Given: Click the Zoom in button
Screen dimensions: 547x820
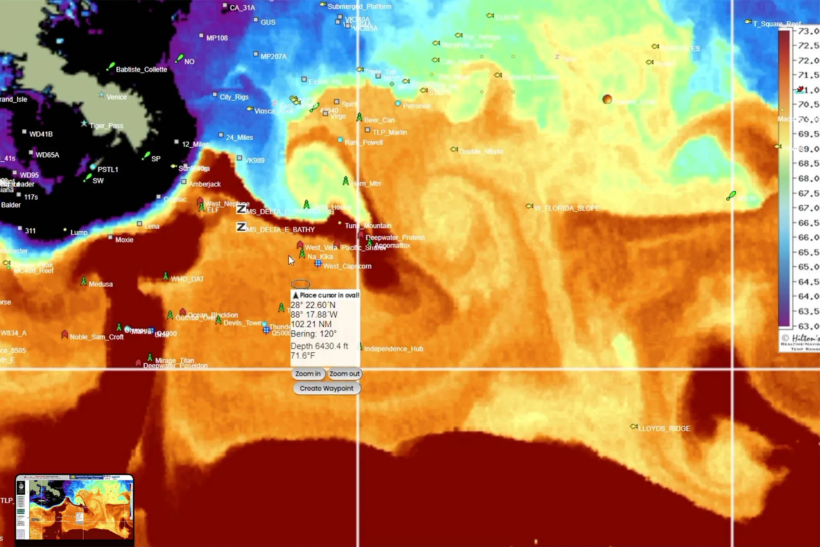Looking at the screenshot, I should [x=308, y=374].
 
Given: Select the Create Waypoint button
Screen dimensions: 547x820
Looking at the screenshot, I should [x=327, y=388].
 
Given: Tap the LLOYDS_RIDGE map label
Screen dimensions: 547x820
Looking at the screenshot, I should [x=664, y=428].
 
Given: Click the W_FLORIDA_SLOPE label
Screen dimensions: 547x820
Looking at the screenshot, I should [x=567, y=208].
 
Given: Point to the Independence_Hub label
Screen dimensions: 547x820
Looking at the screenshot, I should [x=394, y=349].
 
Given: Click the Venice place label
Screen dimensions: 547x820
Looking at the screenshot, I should [x=116, y=97].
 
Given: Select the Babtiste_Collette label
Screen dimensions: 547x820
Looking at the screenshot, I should [x=141, y=70].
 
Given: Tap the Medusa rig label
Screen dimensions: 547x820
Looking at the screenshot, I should [x=101, y=284].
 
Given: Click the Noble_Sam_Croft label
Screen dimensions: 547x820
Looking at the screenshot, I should [x=97, y=337].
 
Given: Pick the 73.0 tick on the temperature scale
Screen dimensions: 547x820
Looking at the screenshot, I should [x=808, y=31].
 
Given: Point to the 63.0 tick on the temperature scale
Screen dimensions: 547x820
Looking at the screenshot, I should [x=808, y=326].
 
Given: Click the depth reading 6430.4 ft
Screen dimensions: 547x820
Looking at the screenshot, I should [x=319, y=346].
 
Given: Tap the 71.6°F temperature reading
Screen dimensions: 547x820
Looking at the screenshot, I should [x=302, y=356].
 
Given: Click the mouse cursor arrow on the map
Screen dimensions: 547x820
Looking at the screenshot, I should [x=291, y=260].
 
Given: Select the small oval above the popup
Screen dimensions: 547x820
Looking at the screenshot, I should [x=301, y=284].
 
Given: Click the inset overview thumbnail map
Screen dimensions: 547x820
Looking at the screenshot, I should [x=75, y=507].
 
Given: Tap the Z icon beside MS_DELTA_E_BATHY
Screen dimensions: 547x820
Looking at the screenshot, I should [x=241, y=227].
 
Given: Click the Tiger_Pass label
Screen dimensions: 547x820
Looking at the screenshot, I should [x=106, y=126].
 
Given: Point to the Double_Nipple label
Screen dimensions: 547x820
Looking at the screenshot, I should [x=481, y=151].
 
